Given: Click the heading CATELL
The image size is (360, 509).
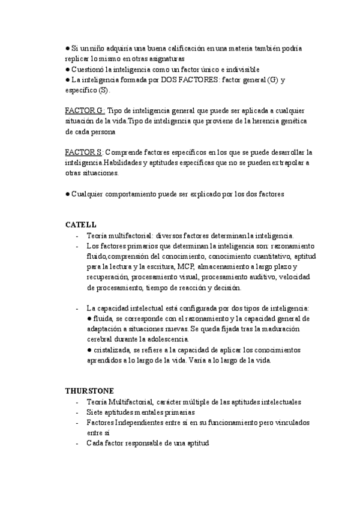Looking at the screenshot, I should click(x=80, y=224).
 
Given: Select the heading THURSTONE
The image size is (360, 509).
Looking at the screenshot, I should click(x=89, y=390).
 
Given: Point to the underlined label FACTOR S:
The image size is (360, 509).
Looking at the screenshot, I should click(x=84, y=152).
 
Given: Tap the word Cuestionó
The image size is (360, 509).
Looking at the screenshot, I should click(x=89, y=70).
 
